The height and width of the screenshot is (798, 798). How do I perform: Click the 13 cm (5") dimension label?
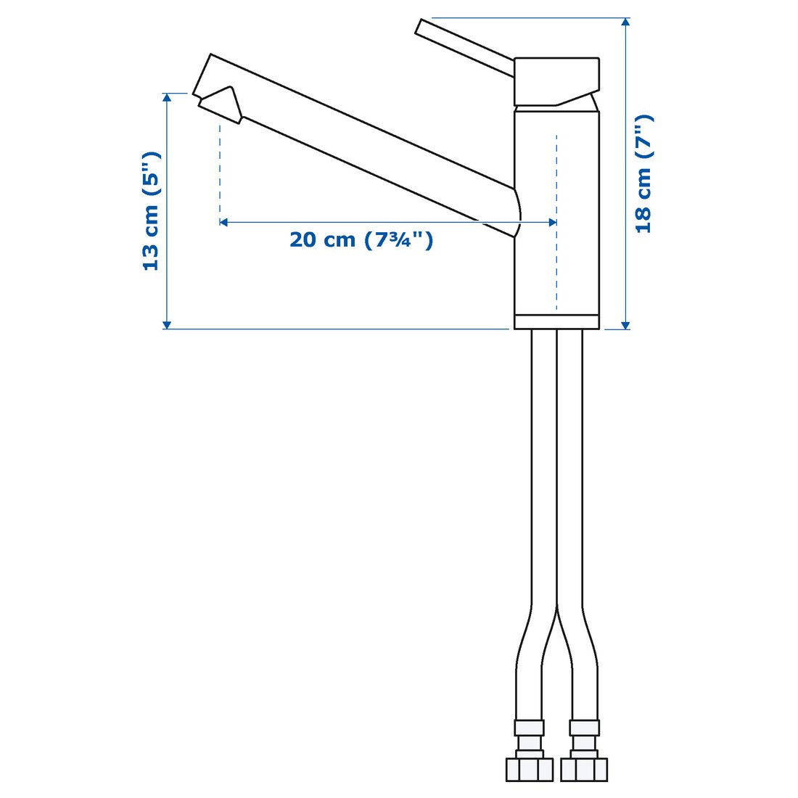click(x=151, y=211)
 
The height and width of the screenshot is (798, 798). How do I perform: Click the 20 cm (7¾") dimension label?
click(x=361, y=239)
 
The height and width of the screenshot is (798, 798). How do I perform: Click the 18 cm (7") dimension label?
click(x=643, y=173)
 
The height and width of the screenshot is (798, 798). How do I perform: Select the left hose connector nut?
click(x=529, y=770)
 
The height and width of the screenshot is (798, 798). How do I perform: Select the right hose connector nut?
click(x=584, y=770)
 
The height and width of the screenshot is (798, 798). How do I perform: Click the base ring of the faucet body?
click(x=557, y=322)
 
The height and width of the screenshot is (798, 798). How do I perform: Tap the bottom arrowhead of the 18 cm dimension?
click(x=626, y=324)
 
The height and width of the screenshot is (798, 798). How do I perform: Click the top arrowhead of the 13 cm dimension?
click(x=167, y=99)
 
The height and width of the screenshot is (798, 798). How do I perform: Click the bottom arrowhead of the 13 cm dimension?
click(x=167, y=324)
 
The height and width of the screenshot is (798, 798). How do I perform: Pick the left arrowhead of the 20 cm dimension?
click(x=224, y=222)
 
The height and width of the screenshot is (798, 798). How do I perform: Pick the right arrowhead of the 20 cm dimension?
click(x=552, y=222)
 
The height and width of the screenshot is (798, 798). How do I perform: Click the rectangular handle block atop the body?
click(x=557, y=80)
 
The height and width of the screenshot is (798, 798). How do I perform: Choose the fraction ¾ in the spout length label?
click(x=403, y=239)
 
